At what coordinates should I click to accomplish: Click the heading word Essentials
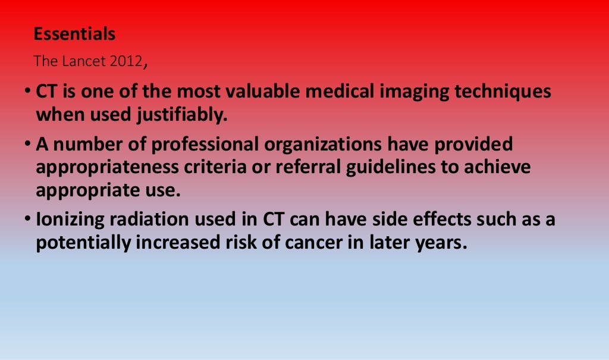(74, 35)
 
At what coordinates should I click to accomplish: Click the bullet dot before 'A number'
(27, 143)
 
